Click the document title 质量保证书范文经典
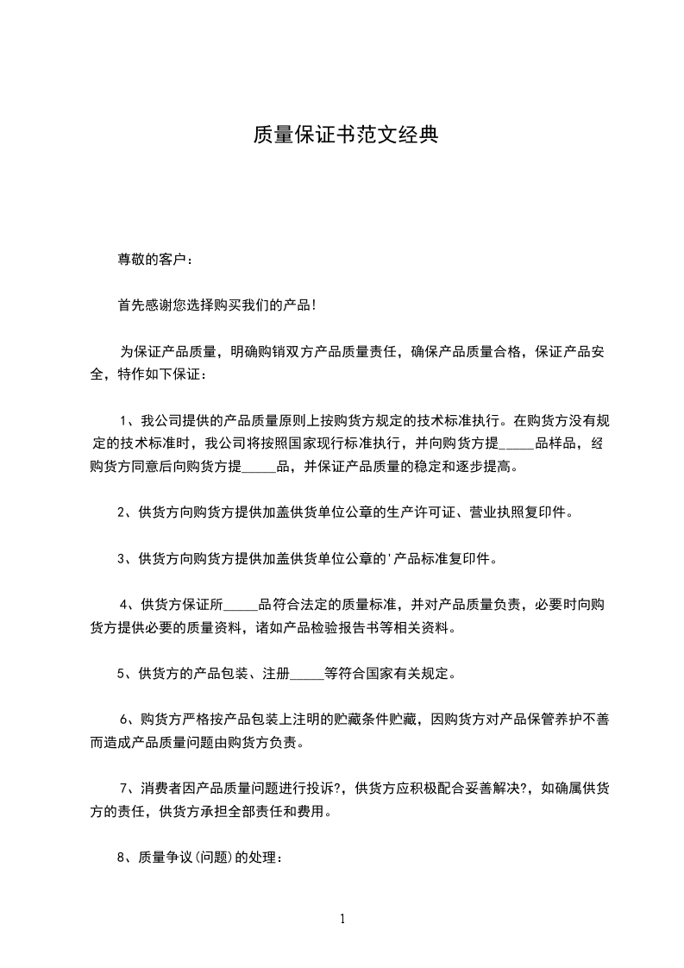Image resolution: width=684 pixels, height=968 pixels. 345,135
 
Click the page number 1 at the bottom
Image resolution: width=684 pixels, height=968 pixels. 342,919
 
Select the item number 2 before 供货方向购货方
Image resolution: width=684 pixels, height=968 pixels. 122,512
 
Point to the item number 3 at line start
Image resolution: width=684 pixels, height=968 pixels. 122,559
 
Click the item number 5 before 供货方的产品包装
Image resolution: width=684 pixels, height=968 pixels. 122,673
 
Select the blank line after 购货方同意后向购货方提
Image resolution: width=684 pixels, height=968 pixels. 257,468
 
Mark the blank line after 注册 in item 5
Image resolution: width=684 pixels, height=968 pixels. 306,673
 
